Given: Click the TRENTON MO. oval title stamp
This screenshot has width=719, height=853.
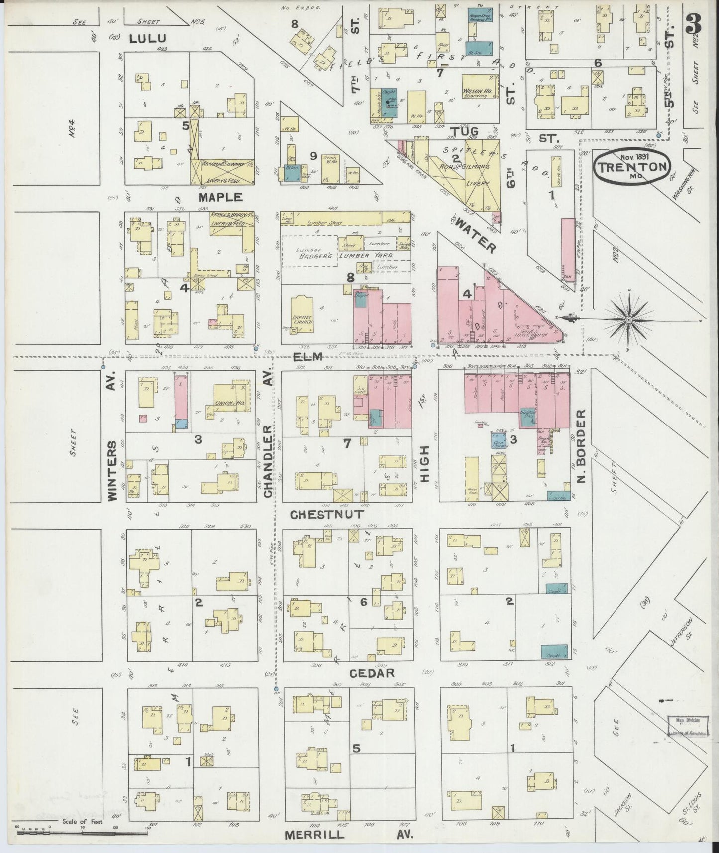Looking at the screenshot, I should pos(631,166).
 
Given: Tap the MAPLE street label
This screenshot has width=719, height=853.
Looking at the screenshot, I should pos(220,197).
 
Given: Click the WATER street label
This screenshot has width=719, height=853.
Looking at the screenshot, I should pos(475,236).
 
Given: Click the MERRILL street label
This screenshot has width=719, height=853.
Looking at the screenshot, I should pos(314,835).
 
